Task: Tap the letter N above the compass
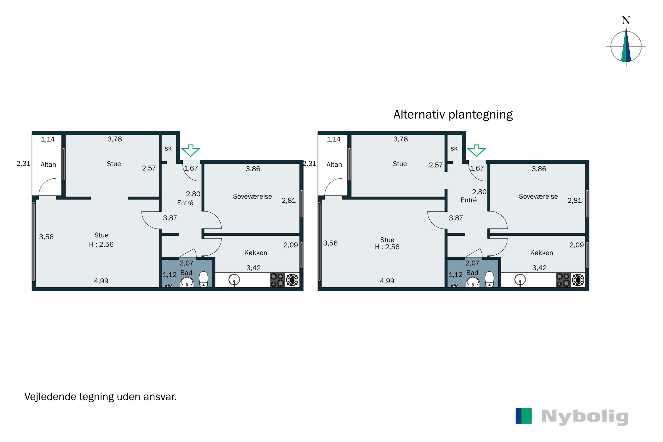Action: [x=626, y=20]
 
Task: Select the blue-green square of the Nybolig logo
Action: [x=524, y=416]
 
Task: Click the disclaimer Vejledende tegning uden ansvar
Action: [x=101, y=397]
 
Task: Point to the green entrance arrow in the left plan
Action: [x=191, y=151]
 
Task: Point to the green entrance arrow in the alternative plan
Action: [x=476, y=151]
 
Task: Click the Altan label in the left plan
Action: [x=48, y=165]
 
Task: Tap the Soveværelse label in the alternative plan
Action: [x=538, y=196]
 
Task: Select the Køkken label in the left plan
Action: [x=256, y=253]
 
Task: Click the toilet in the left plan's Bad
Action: [x=204, y=279]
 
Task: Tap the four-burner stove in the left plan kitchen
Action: [x=277, y=280]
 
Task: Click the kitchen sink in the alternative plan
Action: [x=520, y=280]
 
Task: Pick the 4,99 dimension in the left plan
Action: [x=101, y=281]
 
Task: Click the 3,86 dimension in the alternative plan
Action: [x=539, y=169]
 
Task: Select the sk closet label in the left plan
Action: [x=168, y=149]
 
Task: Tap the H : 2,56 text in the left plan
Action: [x=101, y=244]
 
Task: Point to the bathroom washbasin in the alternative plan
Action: [x=473, y=282]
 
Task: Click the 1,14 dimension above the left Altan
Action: [x=48, y=139]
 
